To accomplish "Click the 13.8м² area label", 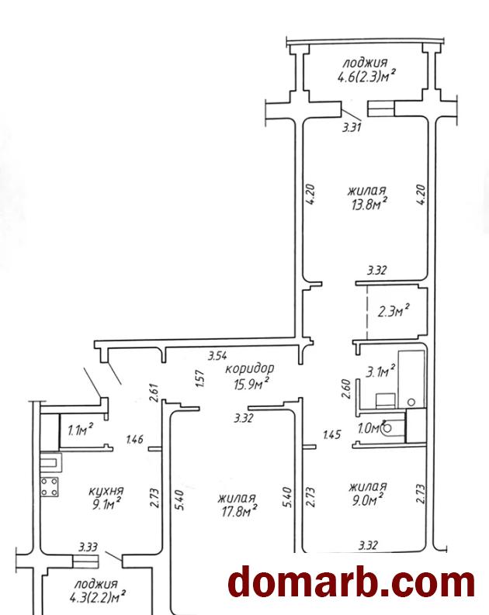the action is [369, 204].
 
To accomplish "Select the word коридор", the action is [250, 368].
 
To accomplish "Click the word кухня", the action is [106, 491].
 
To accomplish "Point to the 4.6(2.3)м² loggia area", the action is [366, 76].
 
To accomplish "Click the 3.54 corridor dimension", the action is [217, 356].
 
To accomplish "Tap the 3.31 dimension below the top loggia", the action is [352, 127].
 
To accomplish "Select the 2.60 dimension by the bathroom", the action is [346, 389].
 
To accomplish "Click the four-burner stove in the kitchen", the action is [50, 487].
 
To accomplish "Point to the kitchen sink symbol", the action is [50, 461].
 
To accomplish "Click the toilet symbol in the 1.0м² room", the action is [392, 428].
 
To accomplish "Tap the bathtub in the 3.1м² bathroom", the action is [411, 379].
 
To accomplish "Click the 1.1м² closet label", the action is [80, 430].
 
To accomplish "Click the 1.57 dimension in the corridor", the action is [199, 379].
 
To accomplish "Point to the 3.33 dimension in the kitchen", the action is [88, 546].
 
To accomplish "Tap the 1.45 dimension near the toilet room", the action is [332, 434].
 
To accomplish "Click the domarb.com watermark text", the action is [352, 583].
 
